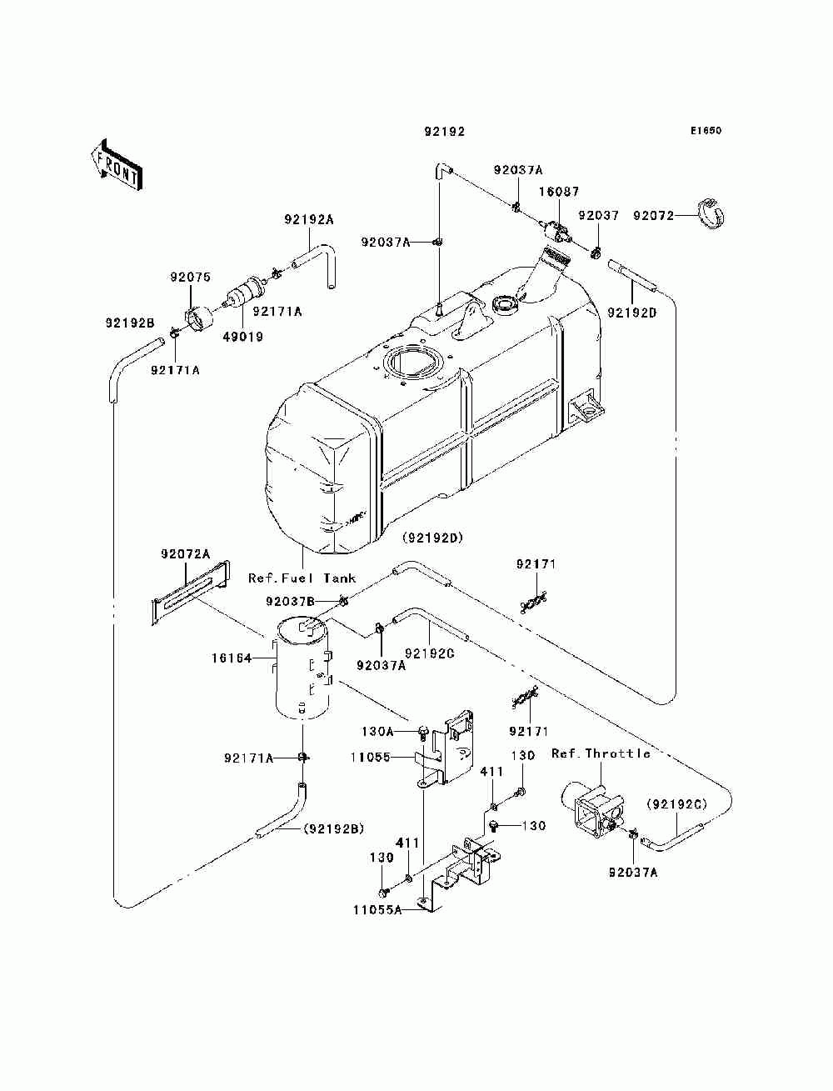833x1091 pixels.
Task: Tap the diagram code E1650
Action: click(706, 131)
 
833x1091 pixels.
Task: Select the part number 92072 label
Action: click(653, 216)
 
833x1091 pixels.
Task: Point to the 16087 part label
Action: click(559, 192)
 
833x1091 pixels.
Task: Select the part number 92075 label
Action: click(190, 277)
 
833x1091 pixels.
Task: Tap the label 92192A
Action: click(309, 219)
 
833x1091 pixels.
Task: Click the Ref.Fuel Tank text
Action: click(302, 578)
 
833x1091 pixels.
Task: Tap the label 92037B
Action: click(290, 602)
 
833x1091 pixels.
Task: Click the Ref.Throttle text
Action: click(601, 753)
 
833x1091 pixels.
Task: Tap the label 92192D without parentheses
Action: click(631, 313)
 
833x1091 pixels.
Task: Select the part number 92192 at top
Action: click(445, 131)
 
